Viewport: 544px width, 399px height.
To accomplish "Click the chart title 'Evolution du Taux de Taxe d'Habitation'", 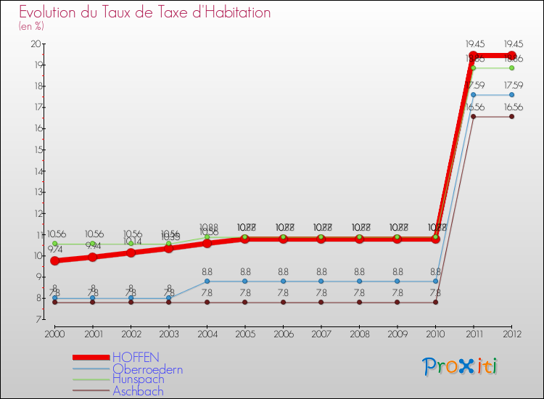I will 145,13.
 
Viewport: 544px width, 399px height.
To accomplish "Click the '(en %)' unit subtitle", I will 32,26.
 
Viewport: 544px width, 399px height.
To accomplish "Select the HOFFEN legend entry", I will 136,358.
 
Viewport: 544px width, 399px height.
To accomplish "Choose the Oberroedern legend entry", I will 147,369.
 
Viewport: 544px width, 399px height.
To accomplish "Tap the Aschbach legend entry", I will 138,391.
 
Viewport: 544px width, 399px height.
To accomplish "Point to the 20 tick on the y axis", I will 36,44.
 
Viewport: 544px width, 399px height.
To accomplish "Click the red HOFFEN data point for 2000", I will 54,260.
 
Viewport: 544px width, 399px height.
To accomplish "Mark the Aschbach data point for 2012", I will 512,116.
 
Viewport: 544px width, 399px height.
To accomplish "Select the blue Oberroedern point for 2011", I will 474,94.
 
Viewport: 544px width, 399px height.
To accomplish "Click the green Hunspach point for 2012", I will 512,68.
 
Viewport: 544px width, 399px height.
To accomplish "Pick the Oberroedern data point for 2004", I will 207,281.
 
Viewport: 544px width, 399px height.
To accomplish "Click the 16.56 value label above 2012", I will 513,107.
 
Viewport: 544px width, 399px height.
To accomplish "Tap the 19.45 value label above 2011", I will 474,44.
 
